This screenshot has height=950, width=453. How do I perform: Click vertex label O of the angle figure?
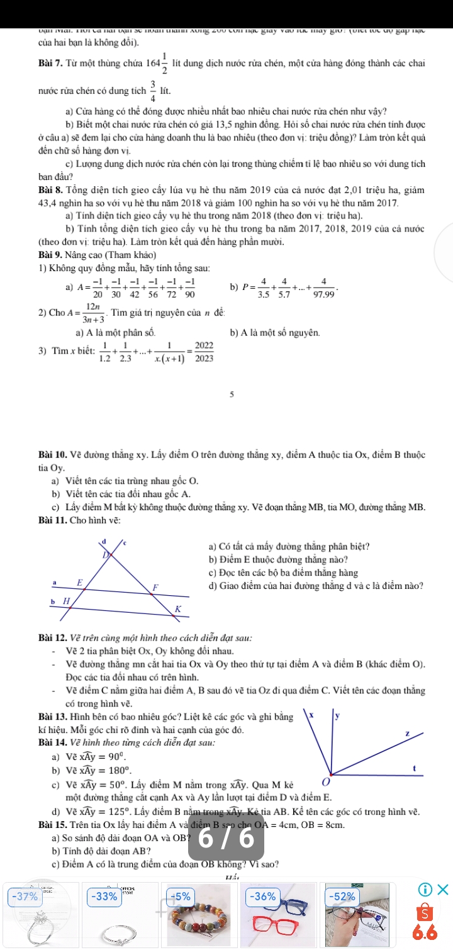[325, 782]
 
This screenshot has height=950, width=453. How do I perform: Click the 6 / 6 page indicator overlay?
[227, 840]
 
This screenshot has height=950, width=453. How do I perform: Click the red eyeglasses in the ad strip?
[271, 927]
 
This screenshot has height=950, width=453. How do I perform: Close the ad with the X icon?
[444, 889]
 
